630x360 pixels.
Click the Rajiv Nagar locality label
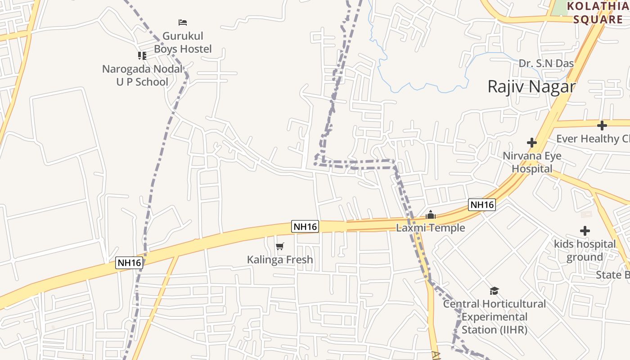tap(531, 86)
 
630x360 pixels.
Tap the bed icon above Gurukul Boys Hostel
tap(183, 22)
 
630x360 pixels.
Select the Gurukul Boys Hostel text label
tap(183, 42)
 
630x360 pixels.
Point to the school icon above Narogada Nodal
tap(142, 56)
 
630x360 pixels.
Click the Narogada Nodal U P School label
tap(142, 76)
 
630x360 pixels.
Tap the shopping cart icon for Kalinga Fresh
tap(280, 246)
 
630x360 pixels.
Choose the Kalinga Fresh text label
tap(280, 260)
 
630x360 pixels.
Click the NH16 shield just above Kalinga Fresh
tap(306, 227)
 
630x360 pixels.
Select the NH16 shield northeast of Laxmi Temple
tap(482, 205)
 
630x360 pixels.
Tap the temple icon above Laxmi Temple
tap(431, 215)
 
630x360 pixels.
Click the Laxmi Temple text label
tap(431, 228)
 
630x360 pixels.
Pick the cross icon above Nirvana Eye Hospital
tap(532, 143)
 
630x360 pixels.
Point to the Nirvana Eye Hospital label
tap(532, 162)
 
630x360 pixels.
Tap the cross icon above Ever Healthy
tap(602, 126)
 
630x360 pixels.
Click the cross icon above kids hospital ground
tap(585, 231)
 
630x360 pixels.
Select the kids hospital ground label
tap(585, 251)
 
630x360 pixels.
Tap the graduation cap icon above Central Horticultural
tap(494, 291)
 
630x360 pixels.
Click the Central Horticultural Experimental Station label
tap(494, 317)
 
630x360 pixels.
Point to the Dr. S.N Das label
tap(546, 63)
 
